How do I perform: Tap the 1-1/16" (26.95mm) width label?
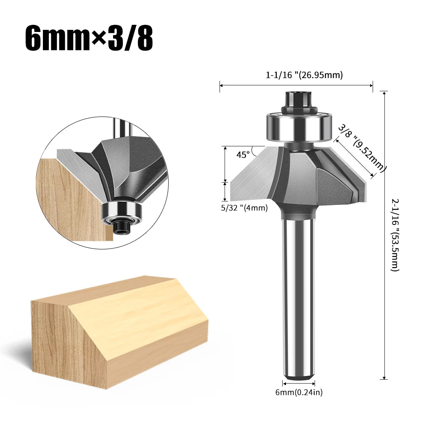click(x=304, y=75)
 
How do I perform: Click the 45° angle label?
click(x=243, y=154)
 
